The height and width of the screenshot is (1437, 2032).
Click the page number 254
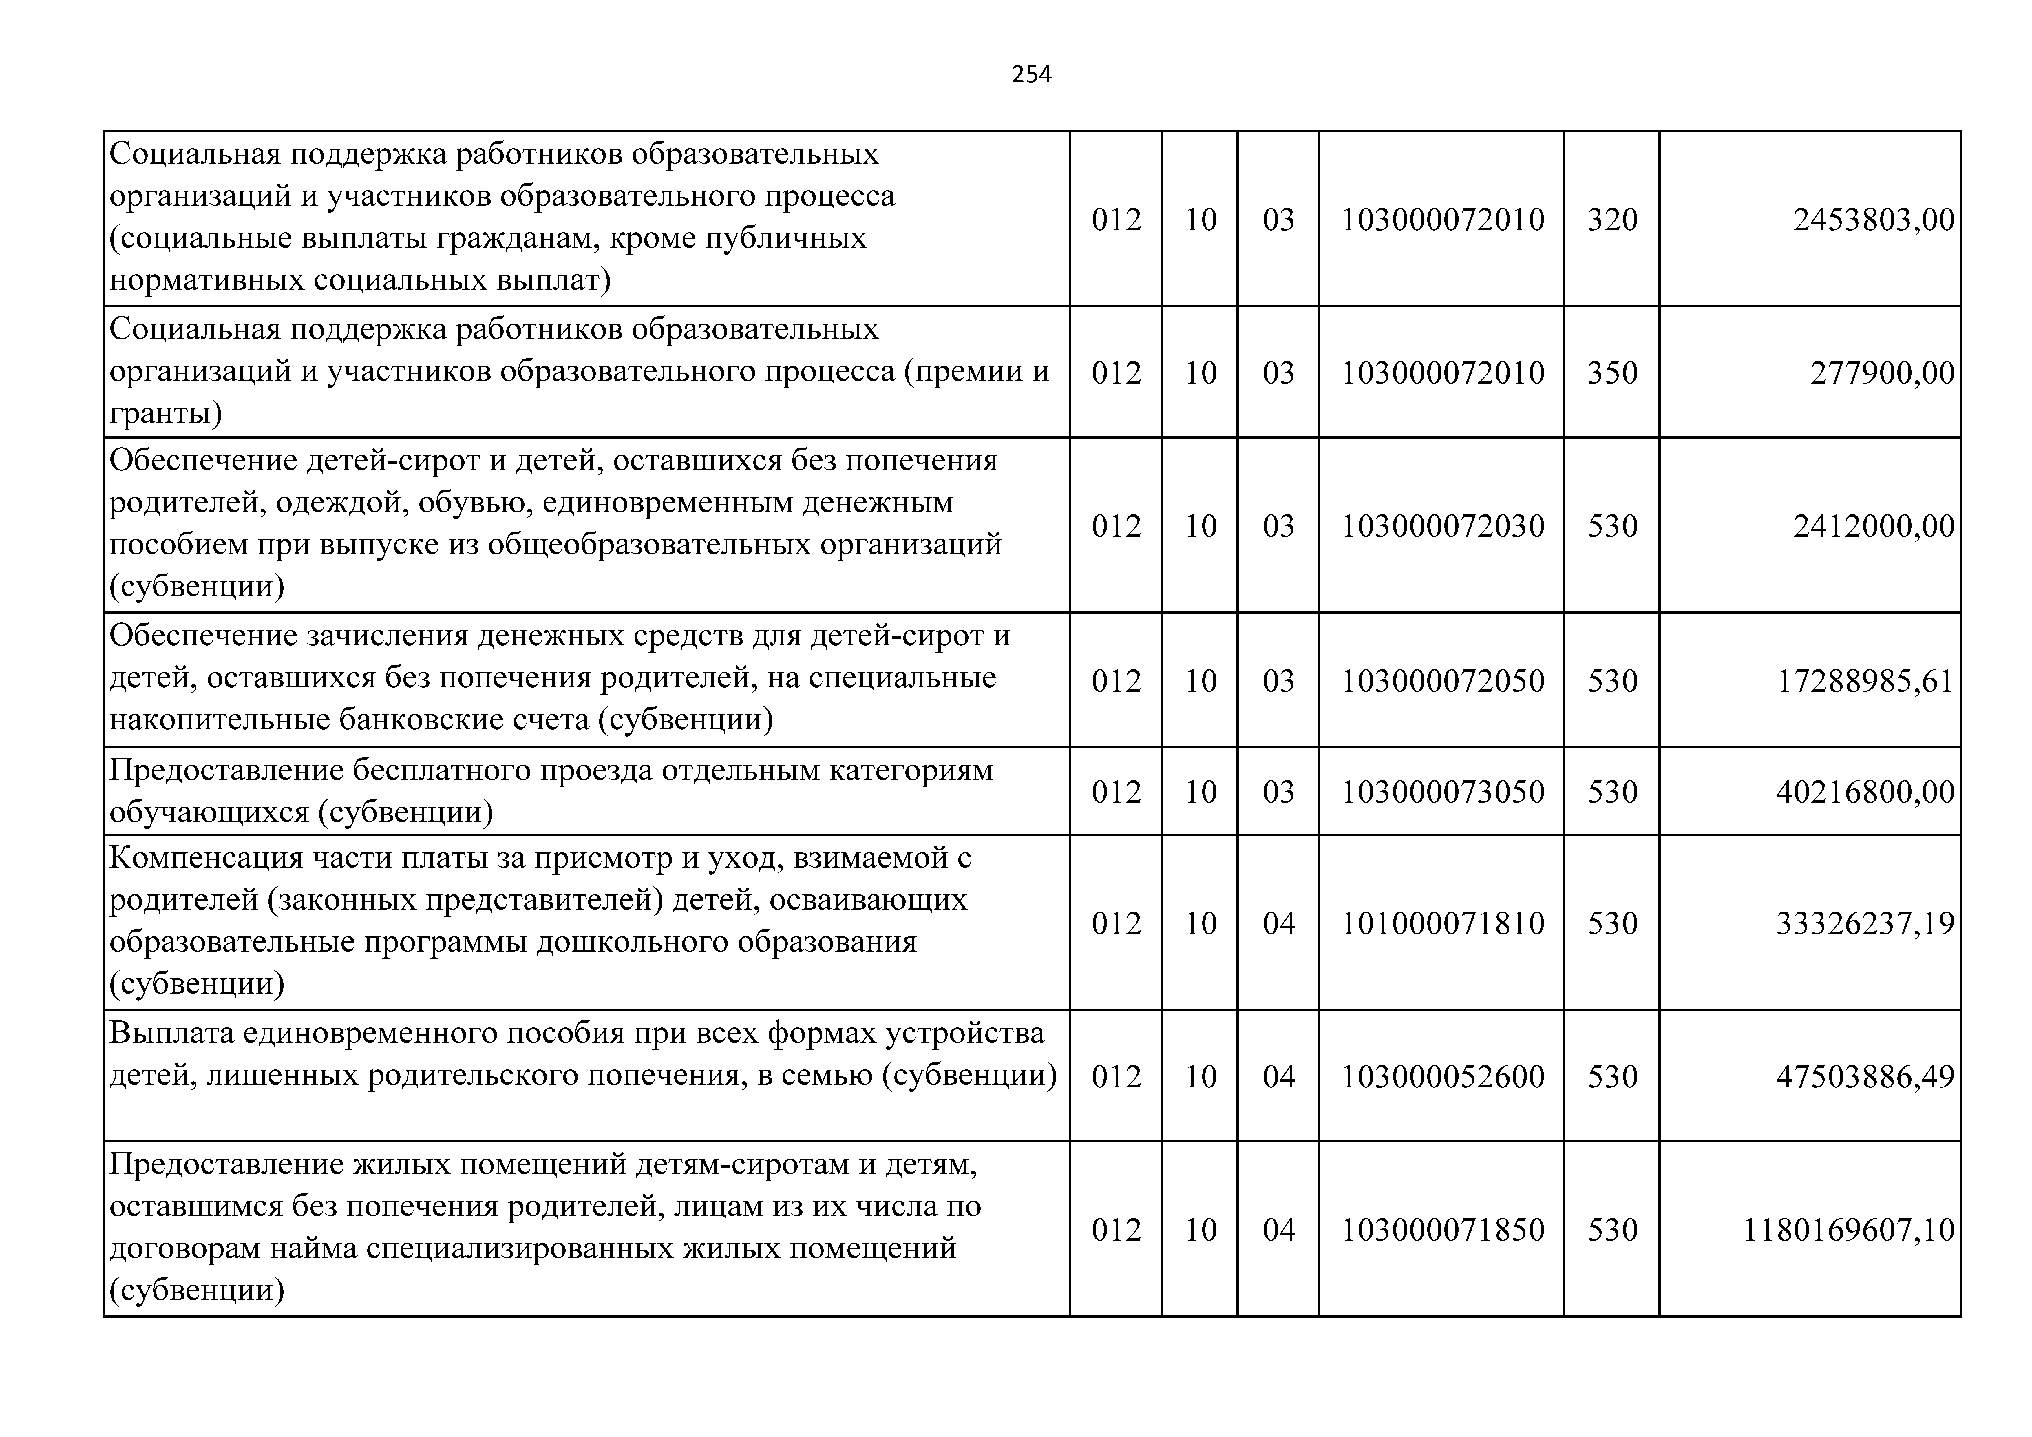(1032, 74)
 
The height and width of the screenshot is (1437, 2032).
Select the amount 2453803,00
(1874, 220)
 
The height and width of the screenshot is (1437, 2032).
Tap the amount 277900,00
(1883, 373)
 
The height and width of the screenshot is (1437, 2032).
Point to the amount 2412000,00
(1874, 526)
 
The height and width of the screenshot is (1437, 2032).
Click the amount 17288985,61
(1866, 681)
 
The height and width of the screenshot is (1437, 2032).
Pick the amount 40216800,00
(1866, 792)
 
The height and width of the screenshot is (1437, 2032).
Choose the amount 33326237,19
(1866, 923)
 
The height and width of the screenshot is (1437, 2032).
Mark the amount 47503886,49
(1866, 1077)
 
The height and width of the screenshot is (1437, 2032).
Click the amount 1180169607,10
(1849, 1230)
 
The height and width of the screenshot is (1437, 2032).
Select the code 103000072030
(1443, 526)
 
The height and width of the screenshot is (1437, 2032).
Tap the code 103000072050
(1443, 681)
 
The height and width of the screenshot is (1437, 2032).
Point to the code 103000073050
(1443, 792)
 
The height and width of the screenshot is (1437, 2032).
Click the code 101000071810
(1443, 923)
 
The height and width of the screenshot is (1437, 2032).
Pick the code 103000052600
(1443, 1077)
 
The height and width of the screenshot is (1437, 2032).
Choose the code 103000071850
(1443, 1230)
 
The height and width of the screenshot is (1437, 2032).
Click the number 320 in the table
(1613, 220)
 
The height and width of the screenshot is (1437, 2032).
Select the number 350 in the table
(1613, 373)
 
